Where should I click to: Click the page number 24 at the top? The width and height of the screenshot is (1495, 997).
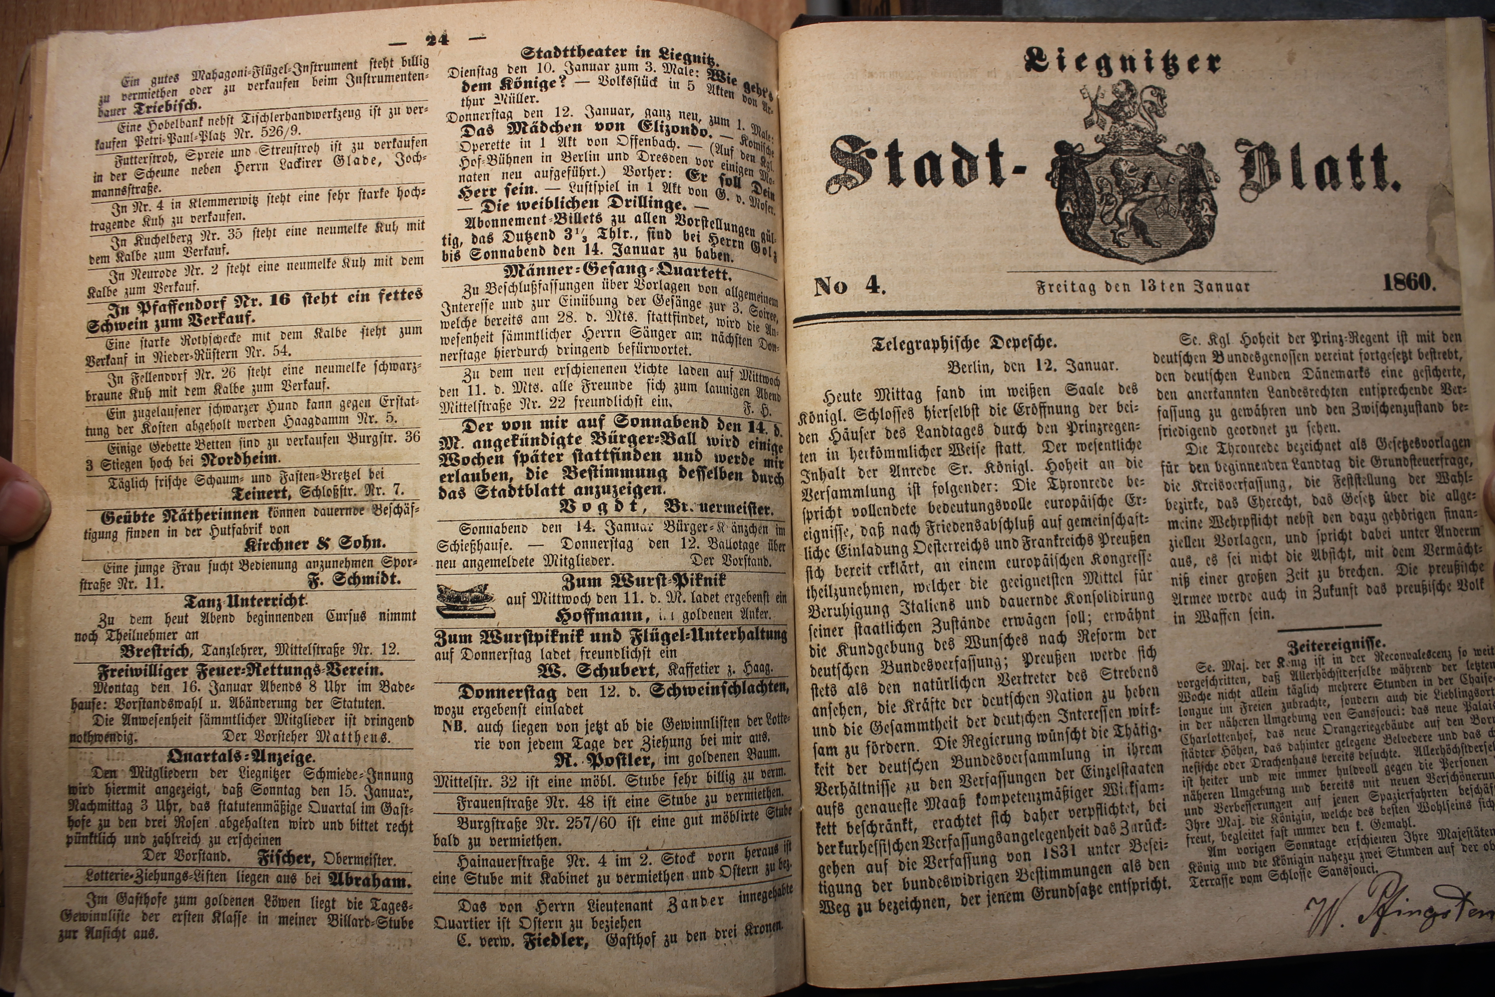[x=437, y=40]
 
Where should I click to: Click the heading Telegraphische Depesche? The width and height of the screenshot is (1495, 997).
[x=964, y=344]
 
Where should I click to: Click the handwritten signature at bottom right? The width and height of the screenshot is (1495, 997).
[x=1398, y=916]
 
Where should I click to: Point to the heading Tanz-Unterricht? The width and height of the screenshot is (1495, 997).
[x=245, y=600]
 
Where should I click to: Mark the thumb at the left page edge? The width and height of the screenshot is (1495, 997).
[x=22, y=502]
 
